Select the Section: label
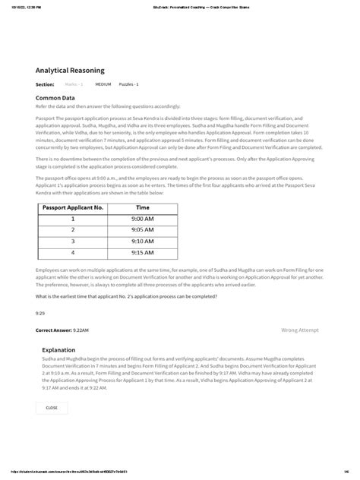pos(45,84)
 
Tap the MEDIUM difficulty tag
pos(103,84)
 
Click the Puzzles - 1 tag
pos(128,84)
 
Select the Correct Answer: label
pos(55,331)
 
